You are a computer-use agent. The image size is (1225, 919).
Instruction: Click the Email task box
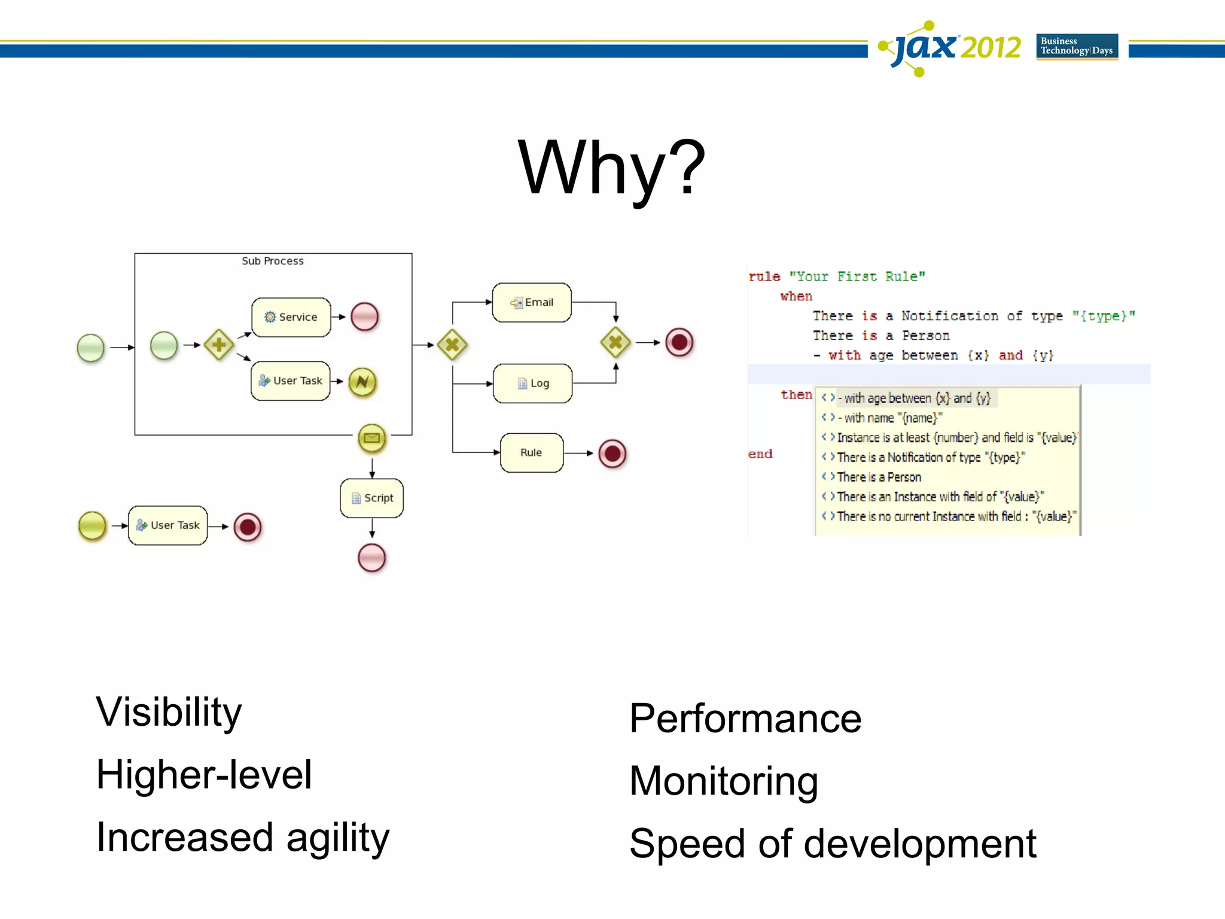[x=532, y=303]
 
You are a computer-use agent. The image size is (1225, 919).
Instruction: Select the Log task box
[x=532, y=384]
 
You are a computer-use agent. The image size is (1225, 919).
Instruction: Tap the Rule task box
[x=531, y=453]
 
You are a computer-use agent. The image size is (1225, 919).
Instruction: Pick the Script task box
[x=371, y=498]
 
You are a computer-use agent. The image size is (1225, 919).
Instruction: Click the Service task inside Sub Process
[x=291, y=317]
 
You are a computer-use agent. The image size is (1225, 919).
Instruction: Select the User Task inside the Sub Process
[x=291, y=381]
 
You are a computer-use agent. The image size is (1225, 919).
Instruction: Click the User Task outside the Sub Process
[x=168, y=525]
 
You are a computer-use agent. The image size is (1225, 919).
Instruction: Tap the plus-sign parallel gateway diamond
[x=219, y=345]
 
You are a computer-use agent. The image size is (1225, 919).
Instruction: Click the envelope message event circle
[x=371, y=439]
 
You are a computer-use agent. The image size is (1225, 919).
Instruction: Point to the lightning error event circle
[x=362, y=382]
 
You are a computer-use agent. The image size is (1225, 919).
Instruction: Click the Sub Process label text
[x=273, y=261]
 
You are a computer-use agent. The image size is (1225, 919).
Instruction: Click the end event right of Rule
[x=612, y=454]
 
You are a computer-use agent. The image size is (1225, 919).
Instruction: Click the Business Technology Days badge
[x=1077, y=46]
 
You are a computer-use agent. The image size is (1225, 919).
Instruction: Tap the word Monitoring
[x=724, y=781]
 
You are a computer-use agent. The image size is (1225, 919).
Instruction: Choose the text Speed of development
[x=833, y=844]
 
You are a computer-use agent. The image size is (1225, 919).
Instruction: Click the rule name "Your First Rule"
[x=857, y=276]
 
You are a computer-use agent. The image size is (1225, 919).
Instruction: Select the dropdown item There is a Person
[x=879, y=477]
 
